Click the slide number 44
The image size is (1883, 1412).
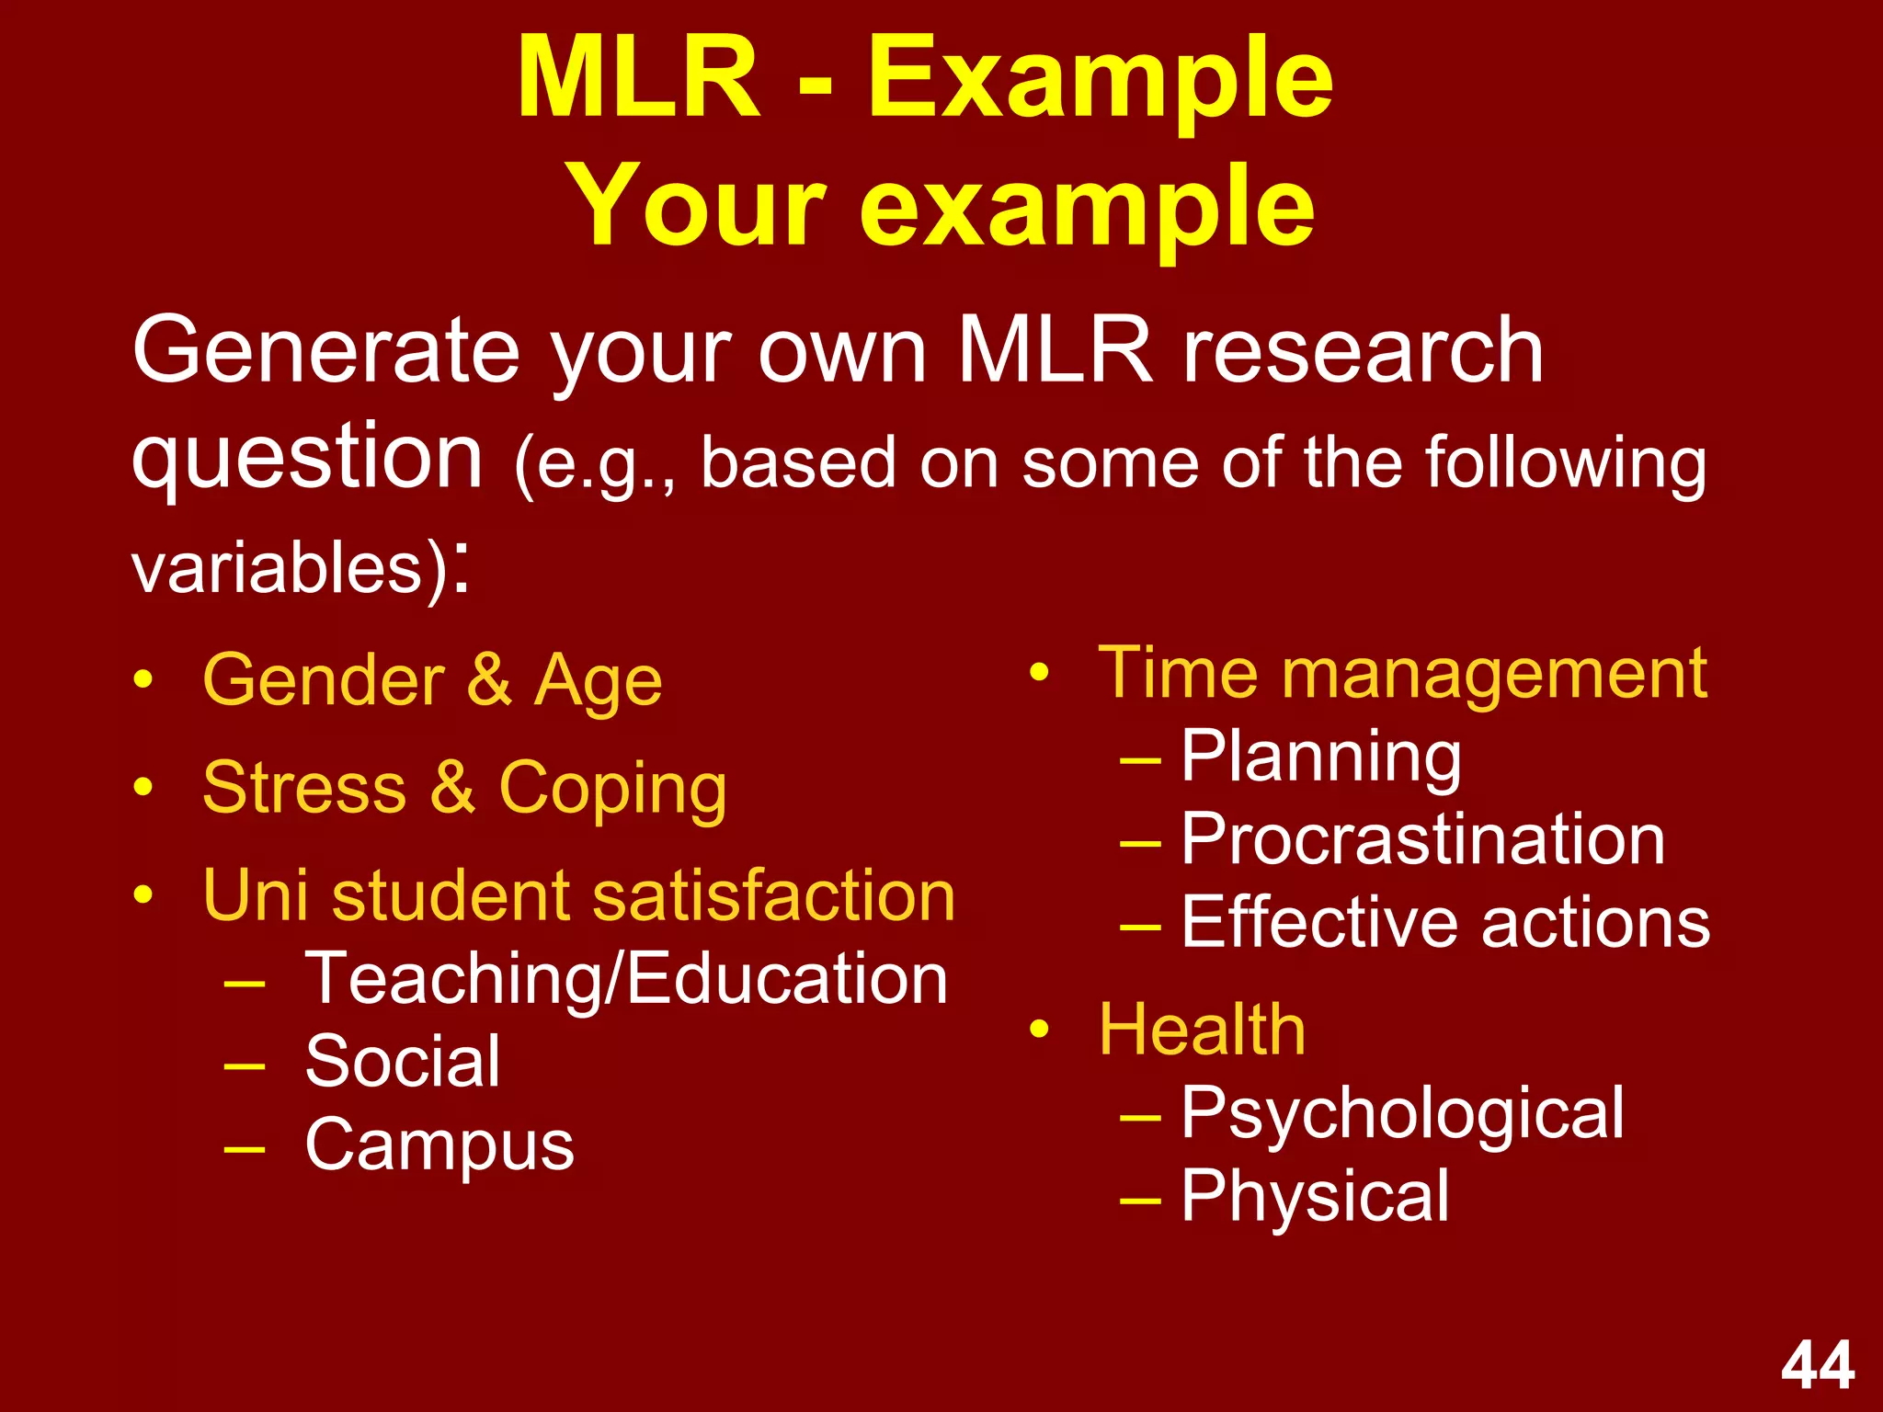pyautogui.click(x=1818, y=1366)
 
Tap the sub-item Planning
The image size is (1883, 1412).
pyautogui.click(x=1320, y=757)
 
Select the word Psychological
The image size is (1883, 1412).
pyautogui.click(x=1402, y=1113)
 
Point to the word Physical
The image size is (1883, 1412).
pyautogui.click(x=1315, y=1196)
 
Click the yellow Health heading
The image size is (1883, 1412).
pyautogui.click(x=1202, y=1030)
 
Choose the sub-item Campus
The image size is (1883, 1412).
pyautogui.click(x=439, y=1145)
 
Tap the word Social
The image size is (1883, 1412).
pyautogui.click(x=403, y=1062)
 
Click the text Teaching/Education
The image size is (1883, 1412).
pyautogui.click(x=626, y=979)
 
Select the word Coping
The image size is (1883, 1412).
pyautogui.click(x=612, y=789)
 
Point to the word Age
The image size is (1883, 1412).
pyautogui.click(x=598, y=681)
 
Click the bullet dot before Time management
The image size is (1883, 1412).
pyautogui.click(x=1039, y=673)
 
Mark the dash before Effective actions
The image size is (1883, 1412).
pyautogui.click(x=1140, y=925)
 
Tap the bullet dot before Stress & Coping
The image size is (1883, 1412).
pyautogui.click(x=143, y=788)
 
